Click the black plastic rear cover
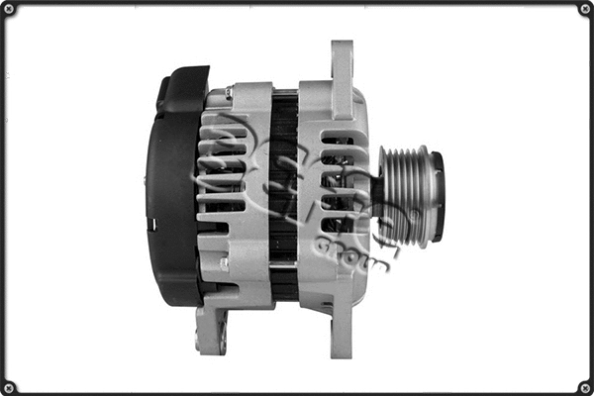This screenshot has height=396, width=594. click(x=173, y=188)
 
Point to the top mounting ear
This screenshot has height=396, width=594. click(x=342, y=64)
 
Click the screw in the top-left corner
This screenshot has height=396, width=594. click(x=9, y=9)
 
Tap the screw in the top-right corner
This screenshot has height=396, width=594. click(x=585, y=9)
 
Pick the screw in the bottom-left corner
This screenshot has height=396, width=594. click(x=9, y=387)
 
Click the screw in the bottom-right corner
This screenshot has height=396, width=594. click(x=585, y=387)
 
